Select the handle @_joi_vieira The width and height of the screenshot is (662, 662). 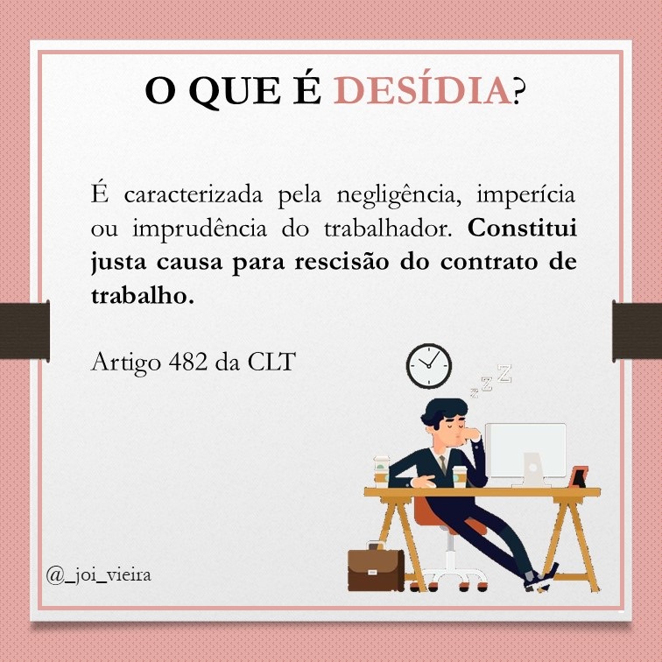click(x=99, y=575)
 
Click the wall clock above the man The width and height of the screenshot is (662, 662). click(x=429, y=366)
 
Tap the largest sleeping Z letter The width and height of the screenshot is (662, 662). click(x=504, y=374)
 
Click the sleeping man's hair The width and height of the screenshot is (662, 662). click(x=445, y=413)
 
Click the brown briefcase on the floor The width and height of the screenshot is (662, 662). click(x=376, y=570)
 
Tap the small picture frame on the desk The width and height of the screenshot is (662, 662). click(x=578, y=477)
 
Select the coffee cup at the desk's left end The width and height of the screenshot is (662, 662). click(x=381, y=469)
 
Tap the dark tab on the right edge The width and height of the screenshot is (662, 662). click(x=637, y=332)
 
